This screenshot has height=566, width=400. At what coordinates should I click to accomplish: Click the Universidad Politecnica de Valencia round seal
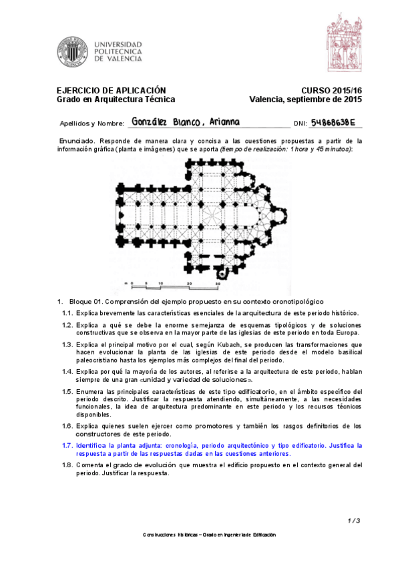coord(71,52)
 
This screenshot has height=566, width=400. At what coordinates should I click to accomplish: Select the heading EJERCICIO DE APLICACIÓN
coord(111,90)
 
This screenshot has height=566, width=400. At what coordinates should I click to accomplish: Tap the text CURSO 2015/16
coord(331,90)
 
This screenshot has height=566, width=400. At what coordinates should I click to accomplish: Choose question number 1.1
coord(67,313)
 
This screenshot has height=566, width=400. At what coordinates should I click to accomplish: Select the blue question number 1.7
coord(67,445)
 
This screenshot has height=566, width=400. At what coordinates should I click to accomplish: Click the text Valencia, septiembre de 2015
coord(305,99)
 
